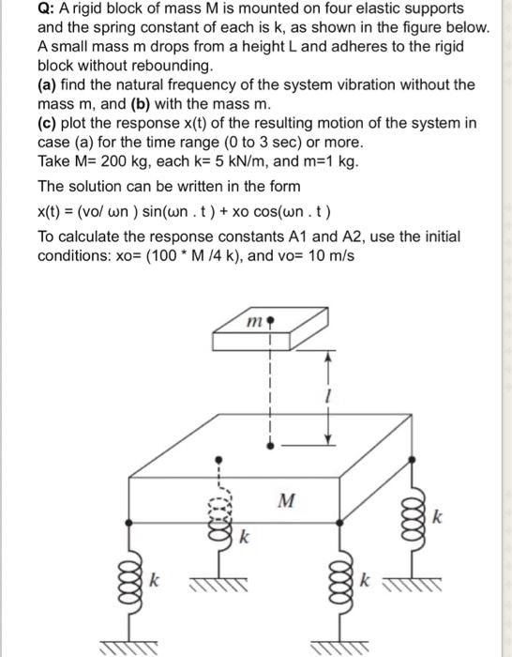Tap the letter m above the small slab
[x=251, y=324]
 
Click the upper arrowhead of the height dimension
[x=327, y=357]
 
